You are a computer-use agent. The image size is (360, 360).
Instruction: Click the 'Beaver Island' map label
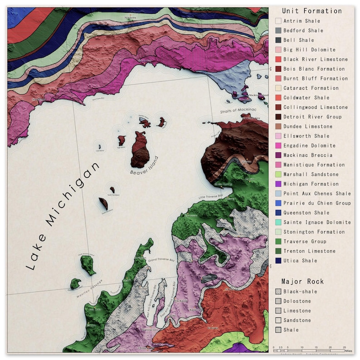(x=145, y=166)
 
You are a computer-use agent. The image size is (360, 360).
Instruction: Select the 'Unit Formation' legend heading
(x=312, y=11)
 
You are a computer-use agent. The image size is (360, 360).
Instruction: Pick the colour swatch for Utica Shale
(x=278, y=261)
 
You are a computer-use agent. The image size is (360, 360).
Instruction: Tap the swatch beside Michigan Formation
(x=278, y=184)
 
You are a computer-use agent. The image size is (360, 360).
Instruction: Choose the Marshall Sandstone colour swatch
(x=278, y=175)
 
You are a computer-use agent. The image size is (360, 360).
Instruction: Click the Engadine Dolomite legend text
(x=309, y=146)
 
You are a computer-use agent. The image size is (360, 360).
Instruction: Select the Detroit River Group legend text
(x=312, y=117)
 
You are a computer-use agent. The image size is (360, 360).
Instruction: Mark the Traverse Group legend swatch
(x=278, y=242)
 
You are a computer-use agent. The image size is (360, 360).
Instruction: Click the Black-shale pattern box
(x=278, y=292)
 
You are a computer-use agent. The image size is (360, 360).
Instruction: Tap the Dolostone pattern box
(x=278, y=302)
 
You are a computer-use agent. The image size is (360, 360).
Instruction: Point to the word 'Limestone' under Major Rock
(x=297, y=311)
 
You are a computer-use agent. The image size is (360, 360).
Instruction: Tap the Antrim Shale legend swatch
(x=278, y=21)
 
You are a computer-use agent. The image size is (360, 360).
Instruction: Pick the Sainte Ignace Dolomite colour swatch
(x=278, y=222)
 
